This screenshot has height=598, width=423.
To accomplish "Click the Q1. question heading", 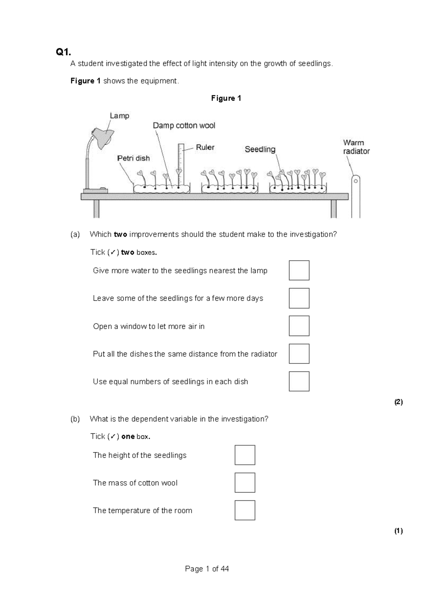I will point(63,52).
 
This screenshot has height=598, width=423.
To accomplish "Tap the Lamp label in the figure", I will point(119,116).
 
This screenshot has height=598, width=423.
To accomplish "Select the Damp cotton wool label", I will point(184,126).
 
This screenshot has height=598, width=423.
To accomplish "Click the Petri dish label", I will point(133,158).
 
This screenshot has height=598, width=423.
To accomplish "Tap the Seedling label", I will point(260,149).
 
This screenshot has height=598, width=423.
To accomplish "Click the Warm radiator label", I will point(356,147).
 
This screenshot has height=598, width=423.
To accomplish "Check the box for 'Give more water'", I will point(299,270).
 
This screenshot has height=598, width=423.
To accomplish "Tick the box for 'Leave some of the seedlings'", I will point(299,298).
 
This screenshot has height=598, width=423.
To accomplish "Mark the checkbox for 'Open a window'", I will point(299,326).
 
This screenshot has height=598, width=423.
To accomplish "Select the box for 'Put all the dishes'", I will point(299,354).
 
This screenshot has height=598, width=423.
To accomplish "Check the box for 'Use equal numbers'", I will point(299,381).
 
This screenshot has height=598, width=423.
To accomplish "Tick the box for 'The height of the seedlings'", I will point(245,455).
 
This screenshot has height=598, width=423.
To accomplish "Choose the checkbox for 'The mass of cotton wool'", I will point(245,483).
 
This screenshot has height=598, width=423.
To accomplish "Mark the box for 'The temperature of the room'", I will point(245,510).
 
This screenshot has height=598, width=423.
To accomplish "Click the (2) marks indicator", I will point(398,402).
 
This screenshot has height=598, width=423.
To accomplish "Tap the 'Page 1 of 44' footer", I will point(207,569).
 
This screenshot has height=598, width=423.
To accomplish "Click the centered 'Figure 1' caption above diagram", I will point(226,98).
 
